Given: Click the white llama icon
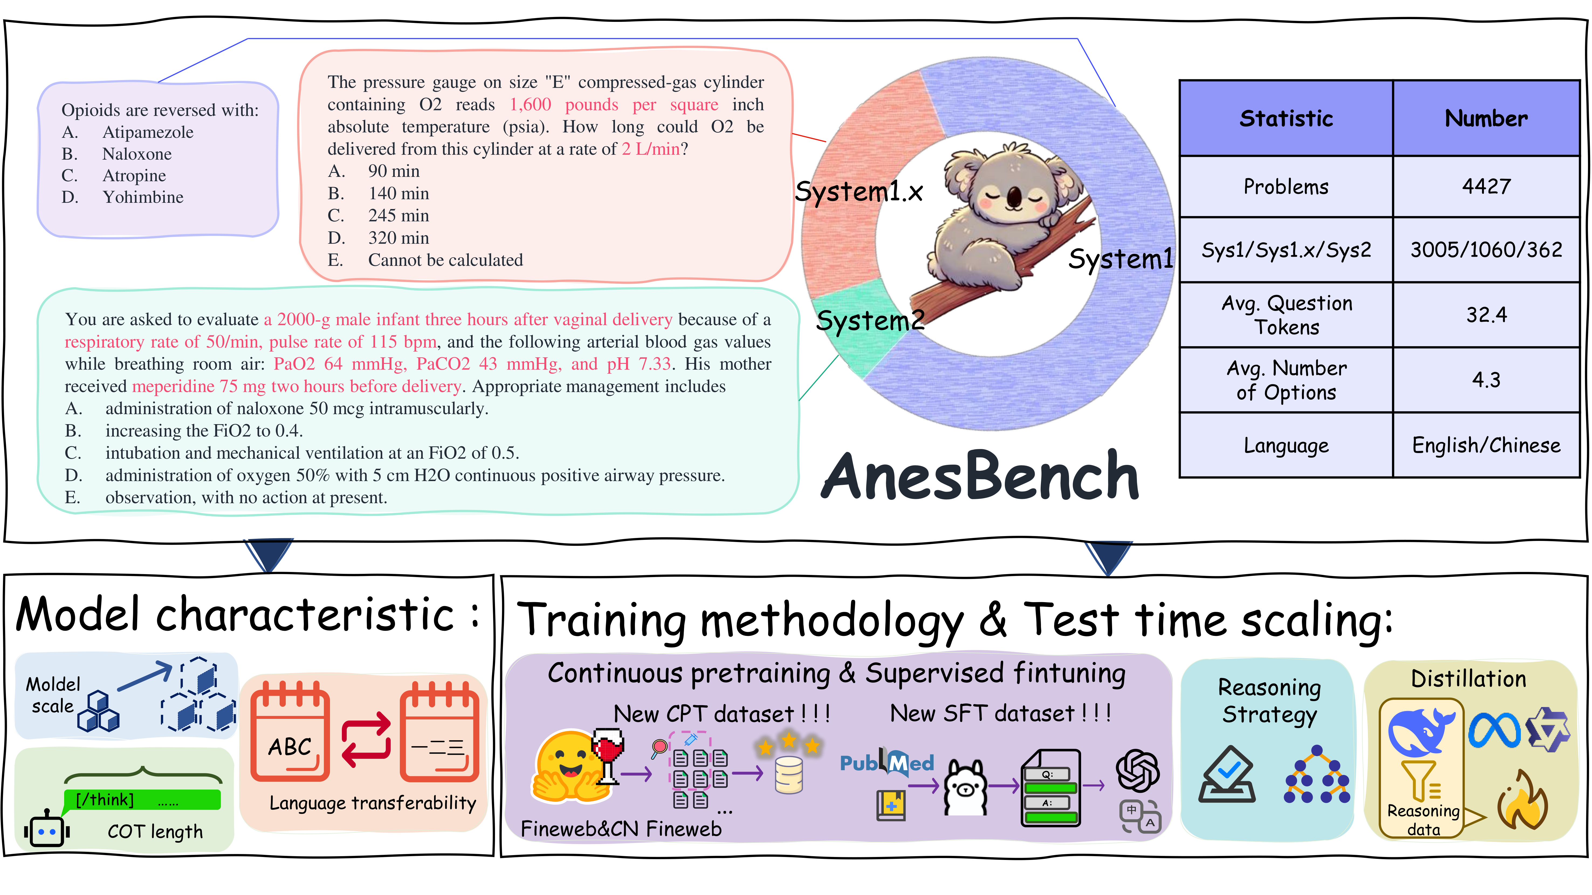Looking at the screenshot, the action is [x=965, y=787].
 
